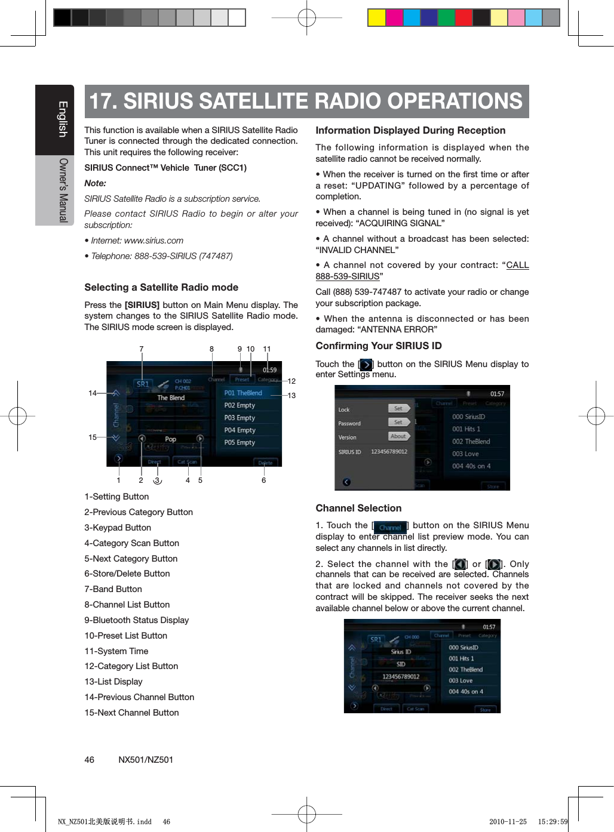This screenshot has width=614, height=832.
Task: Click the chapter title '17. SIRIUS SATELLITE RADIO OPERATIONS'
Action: (x=306, y=101)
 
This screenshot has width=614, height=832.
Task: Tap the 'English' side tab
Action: (x=62, y=119)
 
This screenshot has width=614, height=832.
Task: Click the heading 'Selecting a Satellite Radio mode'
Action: (x=161, y=287)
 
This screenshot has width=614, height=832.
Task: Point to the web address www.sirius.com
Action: (x=153, y=241)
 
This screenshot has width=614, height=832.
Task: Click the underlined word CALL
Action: (x=517, y=265)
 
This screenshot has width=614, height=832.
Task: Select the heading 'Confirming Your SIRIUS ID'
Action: (x=379, y=346)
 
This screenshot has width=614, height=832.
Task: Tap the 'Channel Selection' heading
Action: (x=358, y=508)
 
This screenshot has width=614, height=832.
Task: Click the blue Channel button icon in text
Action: (x=390, y=527)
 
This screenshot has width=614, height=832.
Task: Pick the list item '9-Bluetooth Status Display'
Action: (x=136, y=620)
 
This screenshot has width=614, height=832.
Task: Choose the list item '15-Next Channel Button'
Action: (x=131, y=713)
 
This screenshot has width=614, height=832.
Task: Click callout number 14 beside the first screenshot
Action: (x=93, y=393)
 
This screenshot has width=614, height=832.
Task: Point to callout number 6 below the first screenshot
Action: (x=263, y=480)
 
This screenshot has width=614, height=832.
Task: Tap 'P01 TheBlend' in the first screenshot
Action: (x=243, y=393)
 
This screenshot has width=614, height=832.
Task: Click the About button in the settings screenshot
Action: (x=398, y=436)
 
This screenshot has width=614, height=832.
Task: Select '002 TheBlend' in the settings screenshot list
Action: (x=471, y=442)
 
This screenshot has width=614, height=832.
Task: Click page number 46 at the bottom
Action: (x=89, y=760)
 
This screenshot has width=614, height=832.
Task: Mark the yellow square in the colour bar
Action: (x=376, y=18)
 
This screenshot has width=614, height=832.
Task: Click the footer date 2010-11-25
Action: (x=508, y=822)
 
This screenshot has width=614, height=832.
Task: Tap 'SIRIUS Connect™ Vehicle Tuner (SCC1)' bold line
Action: (x=165, y=168)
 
